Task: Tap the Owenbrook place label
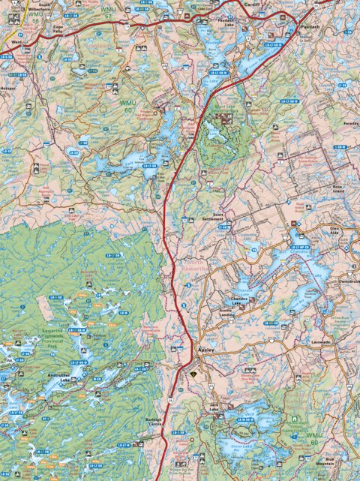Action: coord(349,281)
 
